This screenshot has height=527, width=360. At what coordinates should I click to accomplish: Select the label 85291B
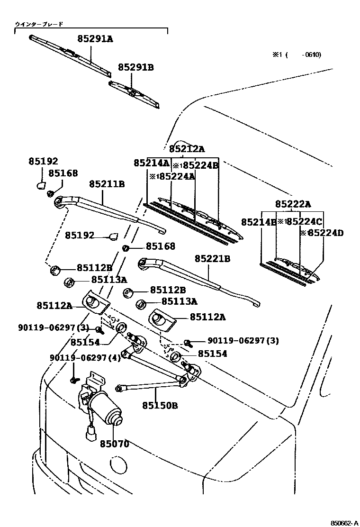[136, 68]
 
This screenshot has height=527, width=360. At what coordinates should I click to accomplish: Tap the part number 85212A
[187, 149]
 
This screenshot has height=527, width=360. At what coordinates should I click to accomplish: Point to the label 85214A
[151, 163]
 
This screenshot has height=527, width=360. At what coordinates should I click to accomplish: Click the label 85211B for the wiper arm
[107, 183]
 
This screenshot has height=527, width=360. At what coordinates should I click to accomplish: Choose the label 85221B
[212, 259]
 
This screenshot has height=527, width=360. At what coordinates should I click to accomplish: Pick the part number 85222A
[293, 204]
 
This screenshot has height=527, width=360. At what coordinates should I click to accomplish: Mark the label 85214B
[259, 222]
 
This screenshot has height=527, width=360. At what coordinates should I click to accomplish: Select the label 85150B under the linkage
[160, 405]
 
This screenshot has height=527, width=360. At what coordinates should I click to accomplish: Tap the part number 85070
[114, 444]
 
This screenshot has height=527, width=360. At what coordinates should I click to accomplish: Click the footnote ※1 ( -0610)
[297, 55]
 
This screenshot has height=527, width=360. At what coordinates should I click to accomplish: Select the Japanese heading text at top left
[39, 23]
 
